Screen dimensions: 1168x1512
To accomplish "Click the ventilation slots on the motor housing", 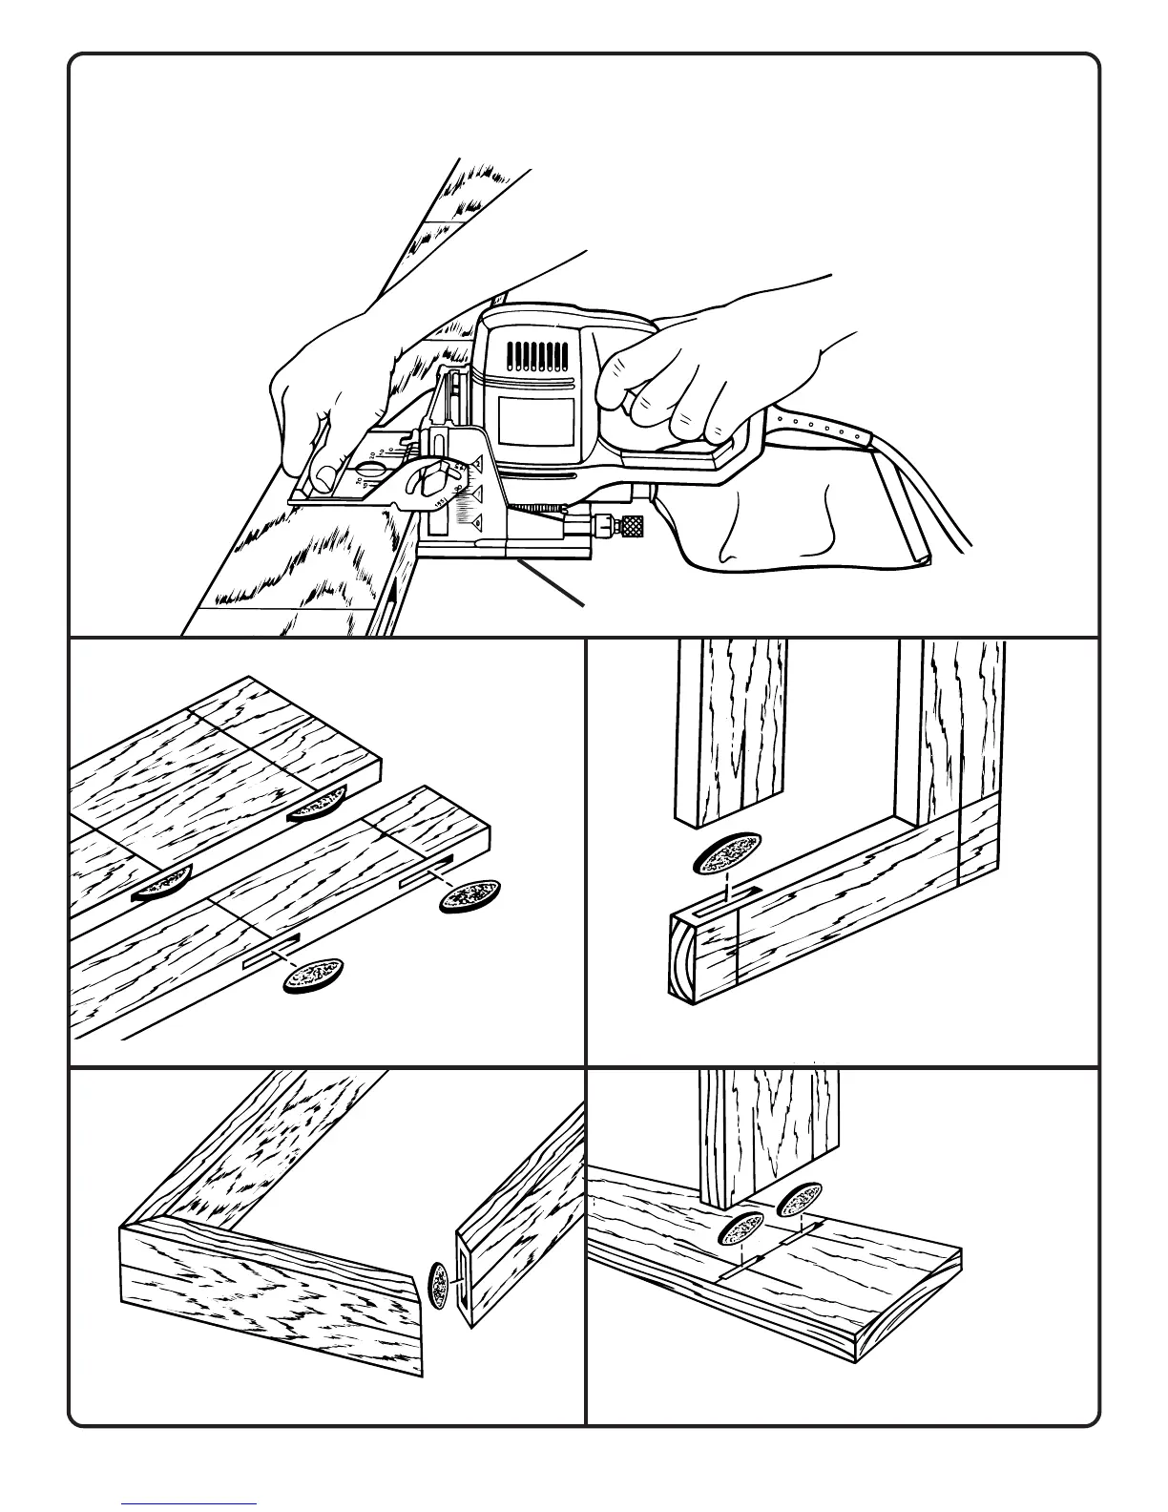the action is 533,356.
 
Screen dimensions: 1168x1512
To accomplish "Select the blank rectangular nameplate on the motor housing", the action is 535,421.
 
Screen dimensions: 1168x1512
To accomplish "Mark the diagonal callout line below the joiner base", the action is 551,584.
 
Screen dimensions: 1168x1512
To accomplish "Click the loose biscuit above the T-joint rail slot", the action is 728,851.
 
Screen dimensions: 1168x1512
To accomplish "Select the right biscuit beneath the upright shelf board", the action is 801,1202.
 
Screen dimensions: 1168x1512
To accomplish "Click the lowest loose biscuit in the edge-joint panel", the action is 312,976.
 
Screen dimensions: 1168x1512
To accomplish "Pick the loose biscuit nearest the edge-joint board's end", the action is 469,895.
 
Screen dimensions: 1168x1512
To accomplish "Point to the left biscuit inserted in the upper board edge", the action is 161,885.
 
